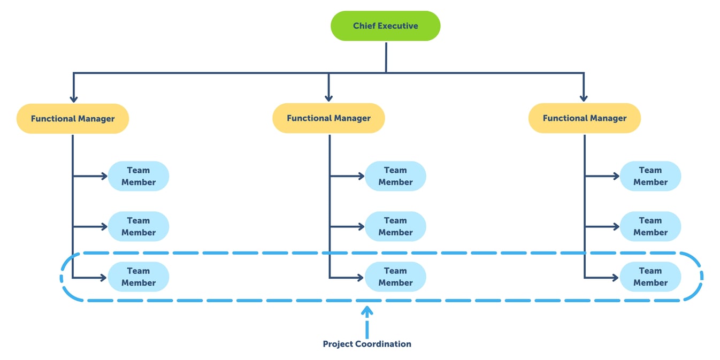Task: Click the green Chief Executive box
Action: click(385, 26)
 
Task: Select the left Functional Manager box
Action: click(73, 118)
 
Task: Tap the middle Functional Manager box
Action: click(328, 118)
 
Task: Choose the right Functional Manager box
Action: click(584, 118)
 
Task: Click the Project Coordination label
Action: click(367, 344)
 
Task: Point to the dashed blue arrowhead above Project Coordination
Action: click(367, 310)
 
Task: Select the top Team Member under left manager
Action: click(139, 176)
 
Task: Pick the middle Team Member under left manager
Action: click(139, 226)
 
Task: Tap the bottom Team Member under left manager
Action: click(139, 277)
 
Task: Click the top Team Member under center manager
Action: click(395, 176)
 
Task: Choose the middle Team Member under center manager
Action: click(395, 226)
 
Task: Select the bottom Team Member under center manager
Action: click(395, 277)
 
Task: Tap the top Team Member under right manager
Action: click(650, 176)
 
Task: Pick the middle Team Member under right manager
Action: click(650, 226)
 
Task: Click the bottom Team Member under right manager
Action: click(650, 277)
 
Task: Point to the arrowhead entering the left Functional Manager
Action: click(73, 99)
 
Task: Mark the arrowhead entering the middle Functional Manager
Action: click(328, 98)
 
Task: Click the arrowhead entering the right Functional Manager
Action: click(584, 98)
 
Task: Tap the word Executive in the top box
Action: click(398, 26)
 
